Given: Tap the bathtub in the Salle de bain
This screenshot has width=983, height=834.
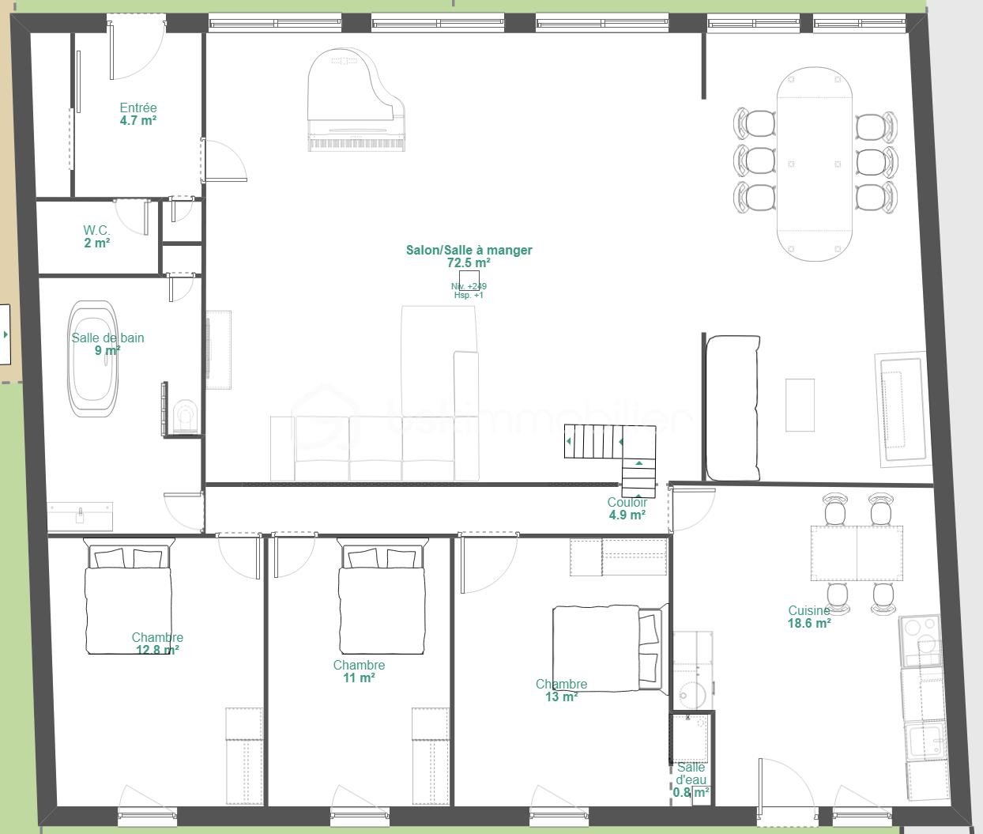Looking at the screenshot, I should click(x=94, y=358).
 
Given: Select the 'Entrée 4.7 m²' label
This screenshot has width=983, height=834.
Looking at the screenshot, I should click(x=138, y=115).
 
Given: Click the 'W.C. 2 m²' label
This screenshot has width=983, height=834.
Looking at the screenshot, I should click(x=97, y=236).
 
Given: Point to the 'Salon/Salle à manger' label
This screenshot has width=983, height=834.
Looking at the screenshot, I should click(x=469, y=251).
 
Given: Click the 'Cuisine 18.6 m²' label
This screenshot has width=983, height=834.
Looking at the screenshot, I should click(x=809, y=617).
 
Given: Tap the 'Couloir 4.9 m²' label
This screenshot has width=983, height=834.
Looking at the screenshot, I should click(x=627, y=508).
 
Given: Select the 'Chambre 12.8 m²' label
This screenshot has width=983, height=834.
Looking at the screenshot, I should click(x=157, y=643).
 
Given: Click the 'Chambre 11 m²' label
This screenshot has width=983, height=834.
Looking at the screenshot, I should click(x=359, y=671).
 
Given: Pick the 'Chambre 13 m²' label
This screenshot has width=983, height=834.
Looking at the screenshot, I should click(x=561, y=690).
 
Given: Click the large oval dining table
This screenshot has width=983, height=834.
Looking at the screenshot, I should click(x=815, y=164).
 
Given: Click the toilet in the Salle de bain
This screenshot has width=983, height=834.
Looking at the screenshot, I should click(x=186, y=416).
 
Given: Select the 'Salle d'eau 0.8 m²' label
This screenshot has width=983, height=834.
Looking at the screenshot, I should click(x=691, y=779).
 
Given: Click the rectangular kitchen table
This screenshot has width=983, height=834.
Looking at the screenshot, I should click(x=857, y=542).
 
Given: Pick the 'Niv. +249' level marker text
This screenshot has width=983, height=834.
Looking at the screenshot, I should click(x=469, y=286).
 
